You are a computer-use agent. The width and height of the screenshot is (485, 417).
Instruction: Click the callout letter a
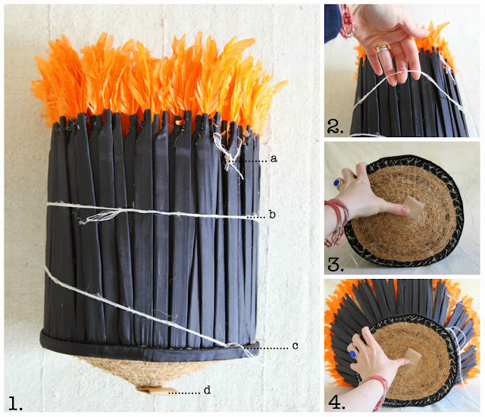tap(274, 159)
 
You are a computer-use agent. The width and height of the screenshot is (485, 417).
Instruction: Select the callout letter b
tap(272, 215)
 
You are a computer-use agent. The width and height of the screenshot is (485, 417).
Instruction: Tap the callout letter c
tap(295, 346)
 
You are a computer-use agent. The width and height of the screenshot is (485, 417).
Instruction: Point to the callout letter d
tap(207, 390)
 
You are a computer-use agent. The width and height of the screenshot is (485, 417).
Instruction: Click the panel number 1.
tap(15, 403)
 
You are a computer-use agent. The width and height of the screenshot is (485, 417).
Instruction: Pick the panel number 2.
tap(335, 127)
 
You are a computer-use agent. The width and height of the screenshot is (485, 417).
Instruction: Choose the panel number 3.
tap(336, 264)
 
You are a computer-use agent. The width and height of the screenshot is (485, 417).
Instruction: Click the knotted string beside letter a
tap(229, 155)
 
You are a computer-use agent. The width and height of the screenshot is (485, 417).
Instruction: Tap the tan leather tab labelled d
tap(154, 390)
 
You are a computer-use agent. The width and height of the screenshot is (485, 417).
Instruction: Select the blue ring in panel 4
tap(352, 353)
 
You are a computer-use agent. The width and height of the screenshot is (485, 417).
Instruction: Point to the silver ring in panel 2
tap(382, 49)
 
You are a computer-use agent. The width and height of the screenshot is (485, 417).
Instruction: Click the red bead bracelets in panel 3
tap(336, 221)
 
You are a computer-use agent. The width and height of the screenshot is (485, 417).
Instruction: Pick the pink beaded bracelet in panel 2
tap(346, 22)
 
